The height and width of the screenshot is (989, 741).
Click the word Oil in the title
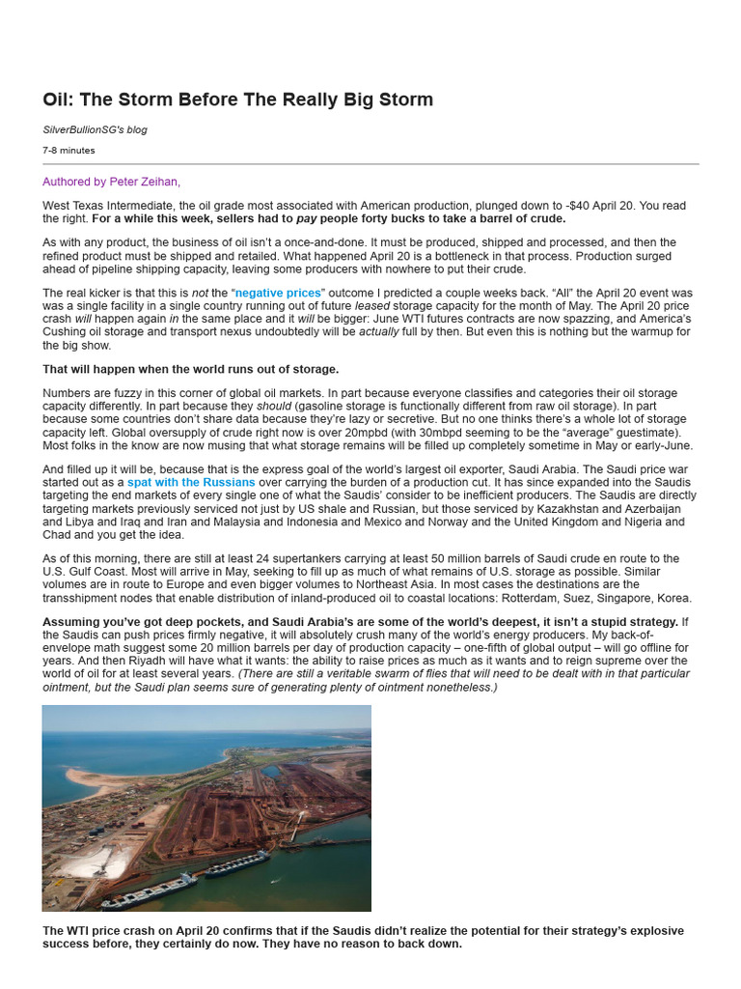coord(56,99)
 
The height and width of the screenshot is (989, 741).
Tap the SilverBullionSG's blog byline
coord(95,129)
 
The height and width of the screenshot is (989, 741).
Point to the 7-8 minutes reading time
coord(69,150)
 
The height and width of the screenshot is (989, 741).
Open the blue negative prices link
coord(280,293)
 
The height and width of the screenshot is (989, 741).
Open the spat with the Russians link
coord(191,482)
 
